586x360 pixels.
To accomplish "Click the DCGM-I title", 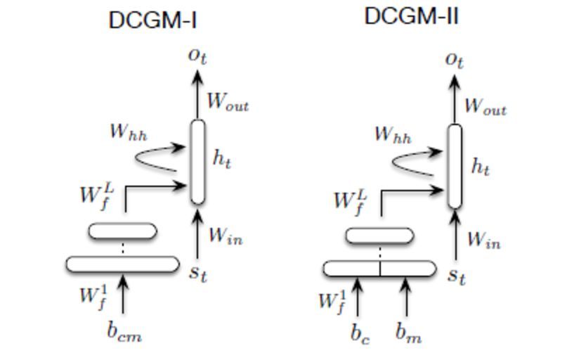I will tap(152, 20).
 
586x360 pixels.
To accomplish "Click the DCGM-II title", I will tap(411, 16).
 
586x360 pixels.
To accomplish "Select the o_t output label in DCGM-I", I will tap(197, 55).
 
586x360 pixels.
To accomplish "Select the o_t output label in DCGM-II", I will tap(455, 60).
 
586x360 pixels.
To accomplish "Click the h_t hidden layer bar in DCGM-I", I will tap(198, 161).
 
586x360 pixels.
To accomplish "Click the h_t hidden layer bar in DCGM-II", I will tap(455, 166).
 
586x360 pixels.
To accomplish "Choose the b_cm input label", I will tap(124, 332).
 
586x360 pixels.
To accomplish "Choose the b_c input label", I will tap(360, 333).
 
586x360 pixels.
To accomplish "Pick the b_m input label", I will tap(408, 333).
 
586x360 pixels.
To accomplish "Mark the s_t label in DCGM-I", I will tap(199, 272).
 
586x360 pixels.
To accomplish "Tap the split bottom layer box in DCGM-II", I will tap(379, 268).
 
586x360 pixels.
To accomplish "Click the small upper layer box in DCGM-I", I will tap(123, 231).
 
